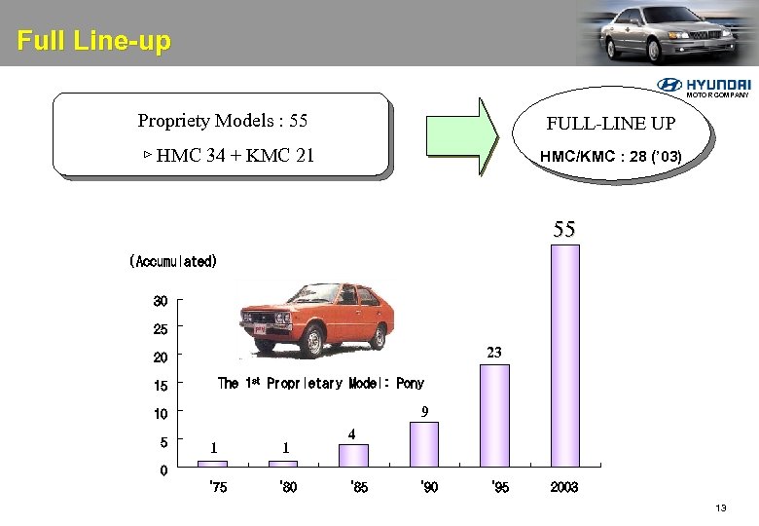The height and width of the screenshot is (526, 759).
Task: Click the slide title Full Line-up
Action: coord(93,42)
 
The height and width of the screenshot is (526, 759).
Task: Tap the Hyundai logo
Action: coord(704,87)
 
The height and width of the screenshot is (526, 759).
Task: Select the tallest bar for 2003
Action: coord(564,356)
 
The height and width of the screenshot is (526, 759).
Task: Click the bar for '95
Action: coord(494,416)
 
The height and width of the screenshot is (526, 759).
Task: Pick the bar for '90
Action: coord(423,444)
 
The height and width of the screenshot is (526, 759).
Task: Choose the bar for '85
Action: coord(353,456)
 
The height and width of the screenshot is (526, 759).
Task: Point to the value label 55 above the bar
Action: coord(564,230)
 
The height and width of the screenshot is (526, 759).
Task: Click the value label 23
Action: coord(494,353)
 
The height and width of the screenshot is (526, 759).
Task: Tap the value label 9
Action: coord(424,412)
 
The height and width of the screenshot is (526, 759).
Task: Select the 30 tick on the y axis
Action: coord(160,299)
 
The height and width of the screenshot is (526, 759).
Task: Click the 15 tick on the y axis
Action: coord(160,386)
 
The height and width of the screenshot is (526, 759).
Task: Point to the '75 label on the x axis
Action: coord(218,487)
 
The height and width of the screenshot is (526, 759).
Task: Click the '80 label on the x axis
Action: coord(288,487)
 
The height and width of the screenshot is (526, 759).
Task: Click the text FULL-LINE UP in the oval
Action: coord(610,125)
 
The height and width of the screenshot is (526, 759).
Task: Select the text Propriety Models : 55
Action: coord(222,121)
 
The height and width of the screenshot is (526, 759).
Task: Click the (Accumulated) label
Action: coord(173,261)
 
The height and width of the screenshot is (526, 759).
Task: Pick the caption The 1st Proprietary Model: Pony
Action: coord(320,383)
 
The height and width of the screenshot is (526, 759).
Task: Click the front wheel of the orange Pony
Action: coord(312,343)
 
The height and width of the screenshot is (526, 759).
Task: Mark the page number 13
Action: coord(721,508)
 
